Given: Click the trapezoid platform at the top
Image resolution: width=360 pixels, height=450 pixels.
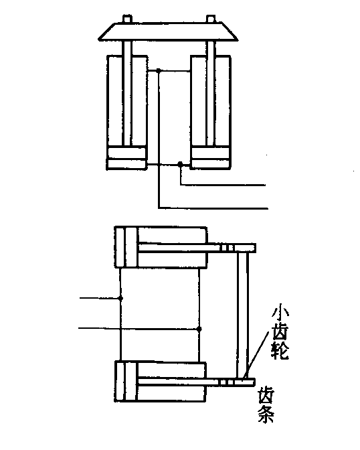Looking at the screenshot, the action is click(168, 31).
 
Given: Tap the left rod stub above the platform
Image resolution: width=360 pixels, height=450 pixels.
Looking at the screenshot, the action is click(127, 19).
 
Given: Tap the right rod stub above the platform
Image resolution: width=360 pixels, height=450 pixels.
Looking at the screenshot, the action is click(211, 19).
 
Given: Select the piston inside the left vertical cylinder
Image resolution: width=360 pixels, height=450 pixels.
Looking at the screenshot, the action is click(126, 153).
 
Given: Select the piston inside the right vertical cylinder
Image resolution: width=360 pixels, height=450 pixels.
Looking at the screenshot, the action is click(211, 153).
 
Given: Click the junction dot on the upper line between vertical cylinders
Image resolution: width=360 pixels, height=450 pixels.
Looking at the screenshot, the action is click(159, 70).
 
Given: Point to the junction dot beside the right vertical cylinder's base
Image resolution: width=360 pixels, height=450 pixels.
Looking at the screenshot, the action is click(180, 164).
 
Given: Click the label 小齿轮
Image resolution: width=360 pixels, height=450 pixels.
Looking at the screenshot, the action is click(280, 332).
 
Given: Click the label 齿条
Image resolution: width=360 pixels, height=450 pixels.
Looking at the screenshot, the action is click(266, 405).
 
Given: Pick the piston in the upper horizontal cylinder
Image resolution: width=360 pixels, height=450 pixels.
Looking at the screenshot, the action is click(131, 247).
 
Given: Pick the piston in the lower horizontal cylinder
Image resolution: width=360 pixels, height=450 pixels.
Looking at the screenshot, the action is click(130, 381).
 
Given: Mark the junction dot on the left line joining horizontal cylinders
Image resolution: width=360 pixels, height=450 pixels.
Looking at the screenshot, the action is click(120, 298).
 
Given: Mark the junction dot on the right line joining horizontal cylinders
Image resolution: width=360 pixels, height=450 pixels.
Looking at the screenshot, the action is click(199, 329).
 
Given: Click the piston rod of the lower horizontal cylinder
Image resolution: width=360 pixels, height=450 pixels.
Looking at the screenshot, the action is click(196, 382).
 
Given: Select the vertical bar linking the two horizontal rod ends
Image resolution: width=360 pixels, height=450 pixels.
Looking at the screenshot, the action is click(243, 315).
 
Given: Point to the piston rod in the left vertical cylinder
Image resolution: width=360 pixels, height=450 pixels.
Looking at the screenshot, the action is click(127, 93).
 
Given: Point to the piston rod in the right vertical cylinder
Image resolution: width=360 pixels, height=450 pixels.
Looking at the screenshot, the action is click(211, 93).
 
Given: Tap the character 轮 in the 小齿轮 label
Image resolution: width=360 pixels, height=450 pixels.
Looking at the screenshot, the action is click(280, 350).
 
